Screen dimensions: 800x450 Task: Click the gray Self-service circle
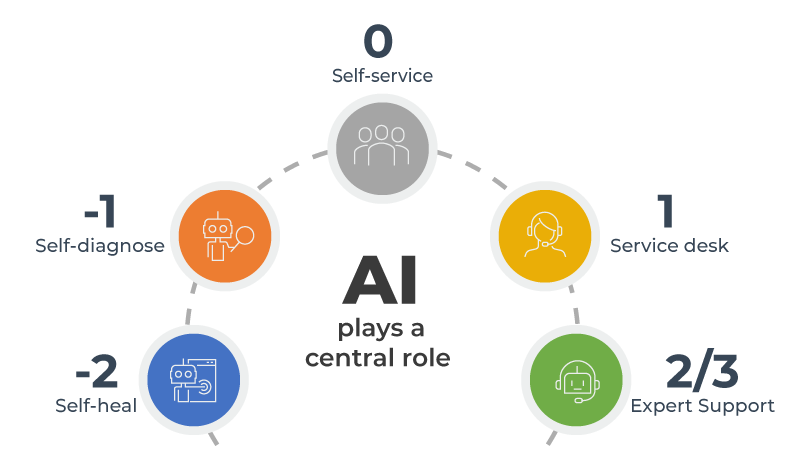tap(382, 148)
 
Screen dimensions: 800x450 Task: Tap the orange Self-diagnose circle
tap(224, 236)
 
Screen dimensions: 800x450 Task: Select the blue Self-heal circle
tap(193, 380)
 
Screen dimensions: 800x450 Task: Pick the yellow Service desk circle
tap(545, 236)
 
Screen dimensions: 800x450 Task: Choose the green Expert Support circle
tap(576, 380)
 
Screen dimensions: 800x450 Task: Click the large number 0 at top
tap(378, 41)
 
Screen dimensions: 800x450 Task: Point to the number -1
tap(100, 211)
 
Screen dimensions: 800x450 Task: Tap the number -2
tap(96, 371)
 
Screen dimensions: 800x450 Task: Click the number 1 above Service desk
tap(665, 211)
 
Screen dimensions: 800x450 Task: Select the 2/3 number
tap(702, 372)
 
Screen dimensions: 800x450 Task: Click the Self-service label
tap(382, 76)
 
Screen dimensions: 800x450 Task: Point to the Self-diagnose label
tap(100, 245)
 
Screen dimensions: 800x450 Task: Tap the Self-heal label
tap(96, 406)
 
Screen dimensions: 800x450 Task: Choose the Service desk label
tap(669, 245)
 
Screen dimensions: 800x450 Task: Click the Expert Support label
tap(703, 406)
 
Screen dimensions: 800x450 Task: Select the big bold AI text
tap(380, 280)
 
